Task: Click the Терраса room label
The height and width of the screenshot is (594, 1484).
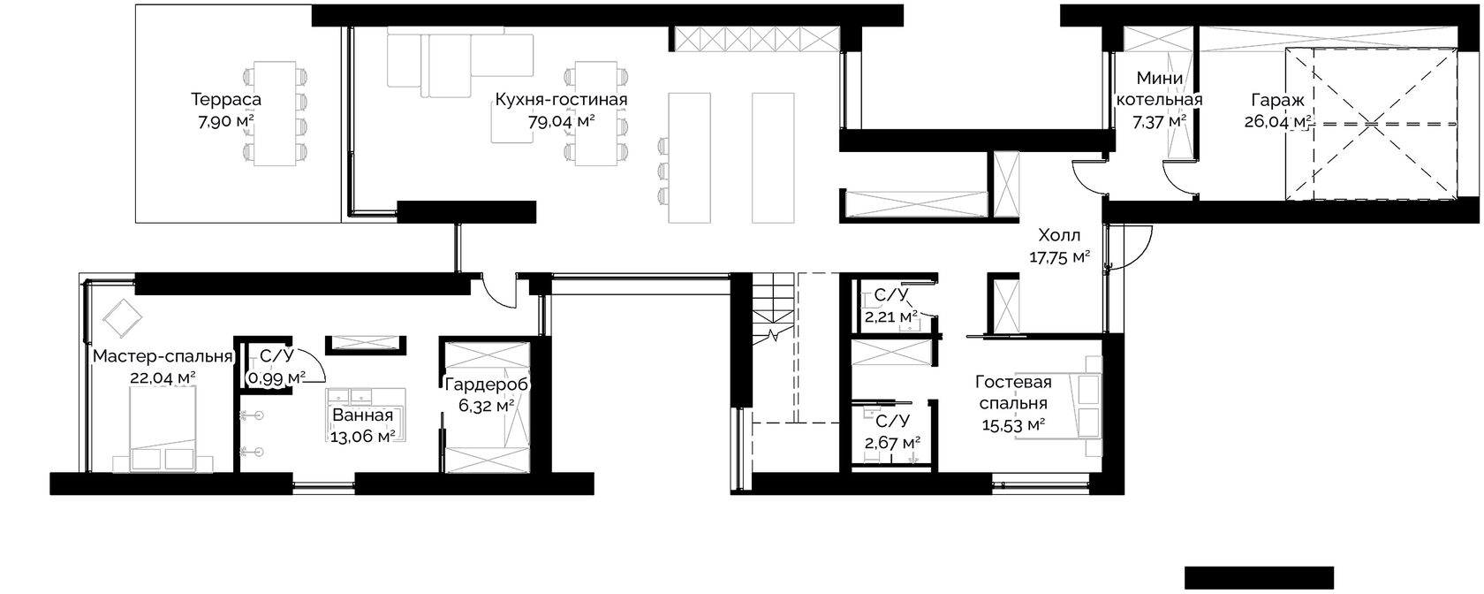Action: pyautogui.click(x=226, y=99)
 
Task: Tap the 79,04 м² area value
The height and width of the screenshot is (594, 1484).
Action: pyautogui.click(x=561, y=121)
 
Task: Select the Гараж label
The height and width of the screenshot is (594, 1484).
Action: pyautogui.click(x=1278, y=100)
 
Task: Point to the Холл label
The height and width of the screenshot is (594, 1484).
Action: pyautogui.click(x=1059, y=235)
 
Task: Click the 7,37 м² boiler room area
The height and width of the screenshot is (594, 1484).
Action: pyautogui.click(x=1159, y=121)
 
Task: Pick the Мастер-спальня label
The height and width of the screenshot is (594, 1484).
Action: pyautogui.click(x=163, y=357)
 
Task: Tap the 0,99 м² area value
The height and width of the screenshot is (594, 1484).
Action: pyautogui.click(x=276, y=378)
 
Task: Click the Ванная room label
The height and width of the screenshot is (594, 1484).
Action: pyautogui.click(x=363, y=415)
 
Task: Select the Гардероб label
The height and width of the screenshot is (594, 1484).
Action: pyautogui.click(x=487, y=385)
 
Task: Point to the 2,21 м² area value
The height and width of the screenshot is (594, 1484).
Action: pyautogui.click(x=891, y=316)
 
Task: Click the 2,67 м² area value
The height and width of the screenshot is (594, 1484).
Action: pyautogui.click(x=892, y=442)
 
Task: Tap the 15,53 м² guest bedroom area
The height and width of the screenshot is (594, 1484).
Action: pyautogui.click(x=1014, y=425)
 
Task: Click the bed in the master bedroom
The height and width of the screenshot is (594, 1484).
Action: pyautogui.click(x=163, y=430)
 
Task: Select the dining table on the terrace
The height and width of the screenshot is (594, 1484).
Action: pyautogui.click(x=276, y=113)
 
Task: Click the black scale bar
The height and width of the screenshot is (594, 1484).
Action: pyautogui.click(x=1259, y=577)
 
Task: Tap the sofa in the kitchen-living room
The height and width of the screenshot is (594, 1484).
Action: pyautogui.click(x=460, y=65)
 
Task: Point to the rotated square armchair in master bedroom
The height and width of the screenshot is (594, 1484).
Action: pyautogui.click(x=123, y=317)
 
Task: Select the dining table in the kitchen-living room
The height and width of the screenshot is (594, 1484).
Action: pyautogui.click(x=596, y=113)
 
